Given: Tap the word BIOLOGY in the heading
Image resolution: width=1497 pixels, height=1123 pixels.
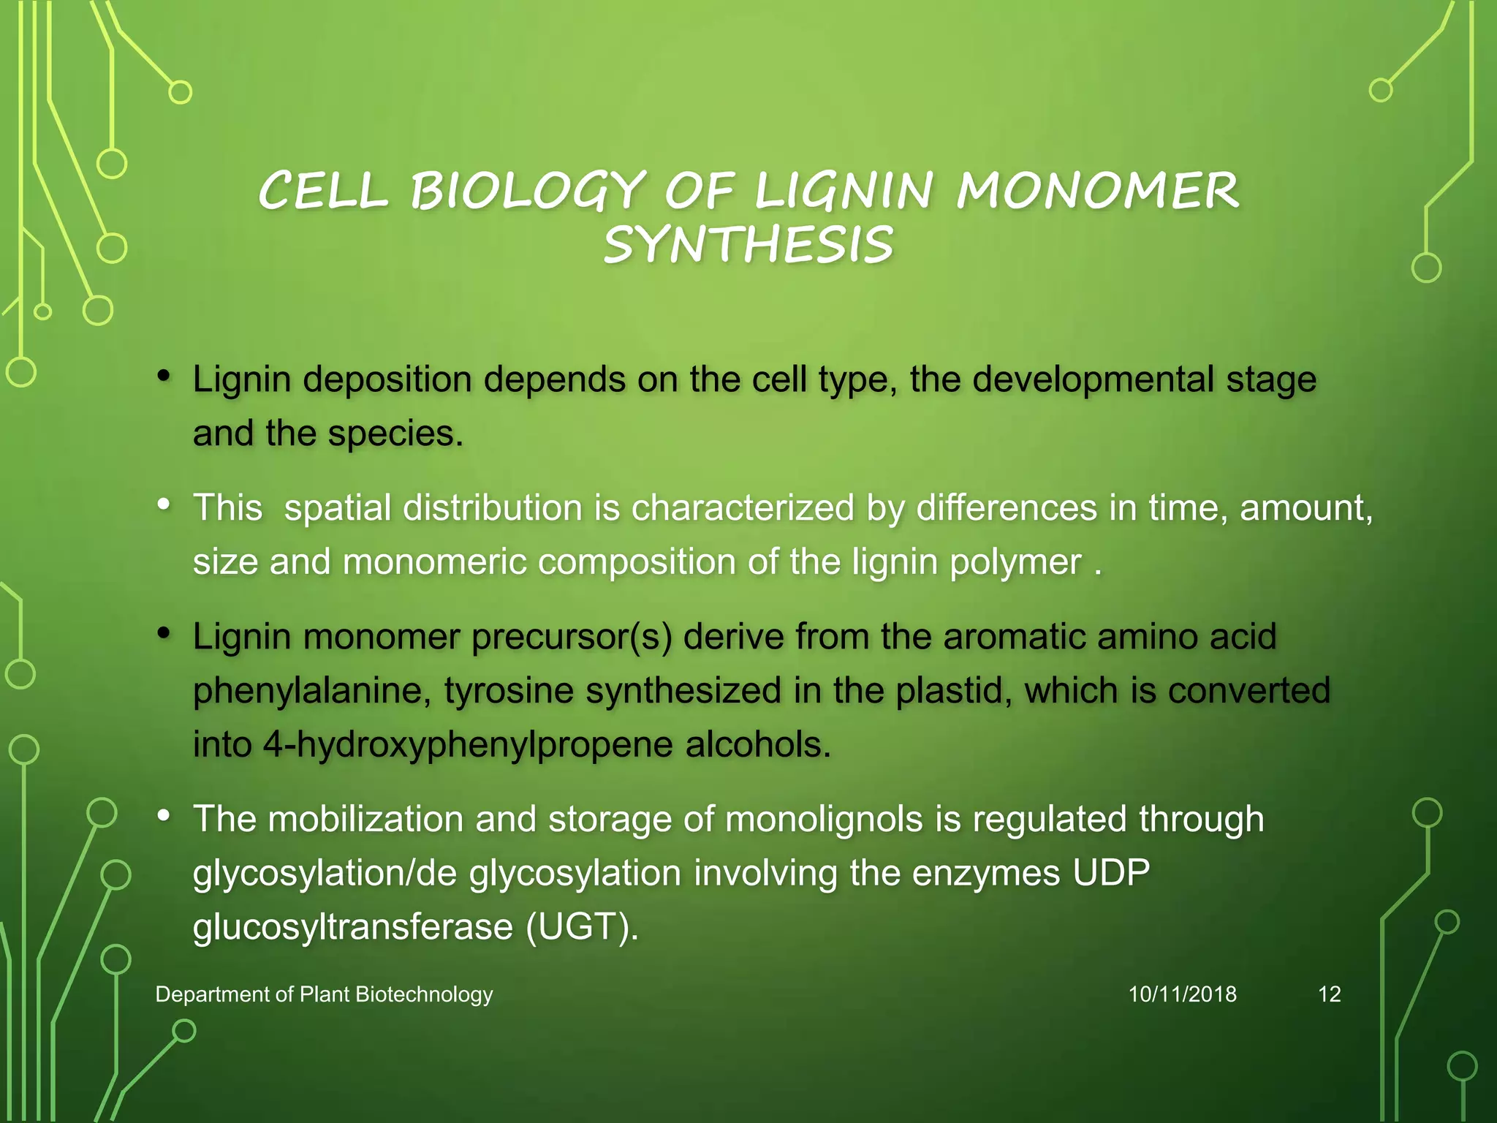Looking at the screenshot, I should (527, 191).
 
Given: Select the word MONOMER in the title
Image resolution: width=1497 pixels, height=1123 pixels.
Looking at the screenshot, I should (1098, 191).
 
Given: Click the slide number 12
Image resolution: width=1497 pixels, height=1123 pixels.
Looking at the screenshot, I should (1329, 994).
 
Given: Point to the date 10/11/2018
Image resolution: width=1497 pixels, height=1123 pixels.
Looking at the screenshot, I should (1182, 994).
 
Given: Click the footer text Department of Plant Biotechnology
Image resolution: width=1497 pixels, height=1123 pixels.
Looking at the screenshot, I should (324, 994).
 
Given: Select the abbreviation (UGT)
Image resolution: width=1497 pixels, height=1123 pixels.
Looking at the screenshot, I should (582, 927).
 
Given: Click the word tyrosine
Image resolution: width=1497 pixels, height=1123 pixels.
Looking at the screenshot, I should (509, 691).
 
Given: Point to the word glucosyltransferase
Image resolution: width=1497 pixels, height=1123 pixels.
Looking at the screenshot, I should (353, 927).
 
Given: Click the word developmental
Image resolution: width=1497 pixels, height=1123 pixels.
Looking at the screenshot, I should (1093, 379).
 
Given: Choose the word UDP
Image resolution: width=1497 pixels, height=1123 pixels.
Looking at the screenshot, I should (1111, 873).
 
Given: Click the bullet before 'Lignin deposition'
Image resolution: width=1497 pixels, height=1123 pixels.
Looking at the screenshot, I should (164, 377).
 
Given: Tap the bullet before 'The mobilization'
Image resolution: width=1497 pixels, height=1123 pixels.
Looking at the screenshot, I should (164, 816).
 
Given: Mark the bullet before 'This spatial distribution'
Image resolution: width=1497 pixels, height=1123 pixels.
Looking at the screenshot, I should (164, 504).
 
